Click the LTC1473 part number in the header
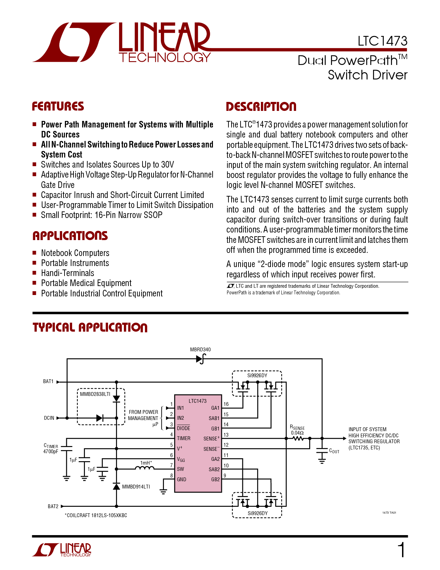point(382,41)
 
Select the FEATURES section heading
point(58,106)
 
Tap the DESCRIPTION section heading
point(261,106)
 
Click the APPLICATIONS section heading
point(70,236)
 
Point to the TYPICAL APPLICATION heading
point(90,327)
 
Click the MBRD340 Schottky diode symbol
point(201,359)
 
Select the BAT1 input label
point(48,381)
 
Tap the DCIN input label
point(49,418)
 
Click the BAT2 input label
point(53,506)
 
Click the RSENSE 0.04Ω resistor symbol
point(298,438)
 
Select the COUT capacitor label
point(334,451)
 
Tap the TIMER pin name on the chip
point(184,438)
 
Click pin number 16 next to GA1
point(226,404)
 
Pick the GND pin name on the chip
point(181,479)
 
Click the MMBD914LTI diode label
point(136,487)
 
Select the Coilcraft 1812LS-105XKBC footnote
point(96,515)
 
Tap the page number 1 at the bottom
point(401,550)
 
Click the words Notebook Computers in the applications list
point(75,253)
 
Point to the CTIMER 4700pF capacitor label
point(51,448)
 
